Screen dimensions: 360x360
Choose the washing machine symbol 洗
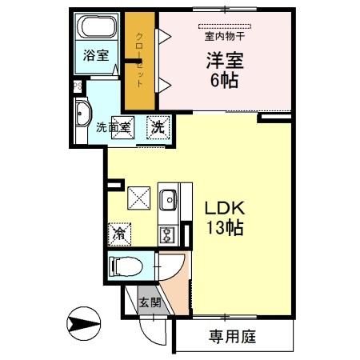point(158,126)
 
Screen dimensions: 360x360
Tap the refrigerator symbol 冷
point(118,234)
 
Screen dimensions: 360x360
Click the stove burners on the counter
point(168,234)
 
